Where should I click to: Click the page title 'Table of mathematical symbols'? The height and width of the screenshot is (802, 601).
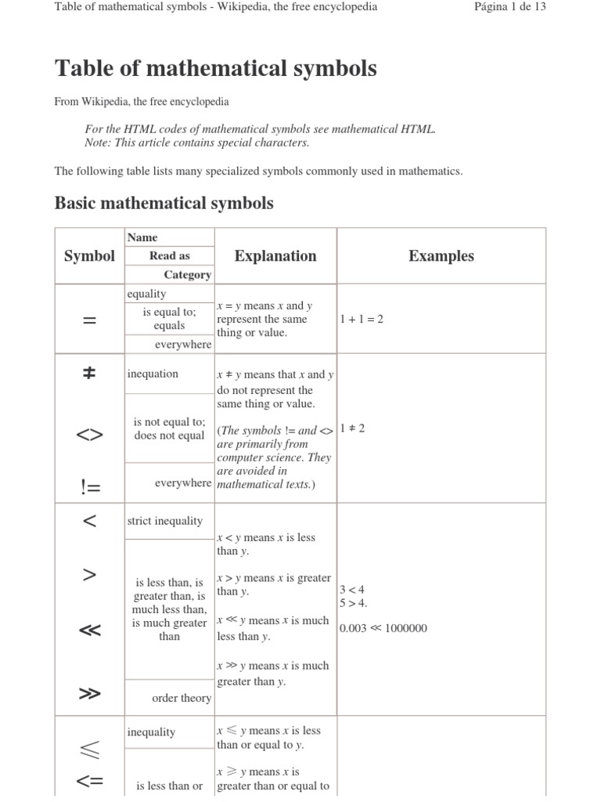pyautogui.click(x=215, y=69)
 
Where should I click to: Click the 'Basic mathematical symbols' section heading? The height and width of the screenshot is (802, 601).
pyautogui.click(x=164, y=203)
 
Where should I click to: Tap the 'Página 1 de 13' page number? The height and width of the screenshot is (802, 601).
pyautogui.click(x=509, y=7)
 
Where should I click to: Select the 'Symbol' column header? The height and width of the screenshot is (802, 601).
pyautogui.click(x=89, y=256)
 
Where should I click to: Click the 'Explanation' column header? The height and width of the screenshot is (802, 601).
pyautogui.click(x=275, y=256)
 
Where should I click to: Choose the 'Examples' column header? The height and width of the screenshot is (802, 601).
pyautogui.click(x=441, y=256)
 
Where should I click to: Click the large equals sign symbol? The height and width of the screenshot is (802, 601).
pyautogui.click(x=89, y=320)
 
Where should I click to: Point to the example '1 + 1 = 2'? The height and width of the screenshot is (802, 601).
pyautogui.click(x=362, y=320)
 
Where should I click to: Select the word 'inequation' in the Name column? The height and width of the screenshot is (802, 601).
pyautogui.click(x=153, y=374)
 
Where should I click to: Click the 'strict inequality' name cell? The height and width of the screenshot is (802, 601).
pyautogui.click(x=164, y=521)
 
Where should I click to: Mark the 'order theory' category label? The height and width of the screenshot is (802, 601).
pyautogui.click(x=182, y=698)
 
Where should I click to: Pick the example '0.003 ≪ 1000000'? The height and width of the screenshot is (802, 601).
pyautogui.click(x=383, y=628)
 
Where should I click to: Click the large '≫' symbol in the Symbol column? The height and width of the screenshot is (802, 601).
pyautogui.click(x=89, y=694)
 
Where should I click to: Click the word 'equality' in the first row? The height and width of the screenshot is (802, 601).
pyautogui.click(x=146, y=294)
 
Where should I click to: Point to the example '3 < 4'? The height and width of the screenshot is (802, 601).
pyautogui.click(x=351, y=589)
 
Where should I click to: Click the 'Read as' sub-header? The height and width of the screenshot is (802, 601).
pyautogui.click(x=169, y=256)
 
